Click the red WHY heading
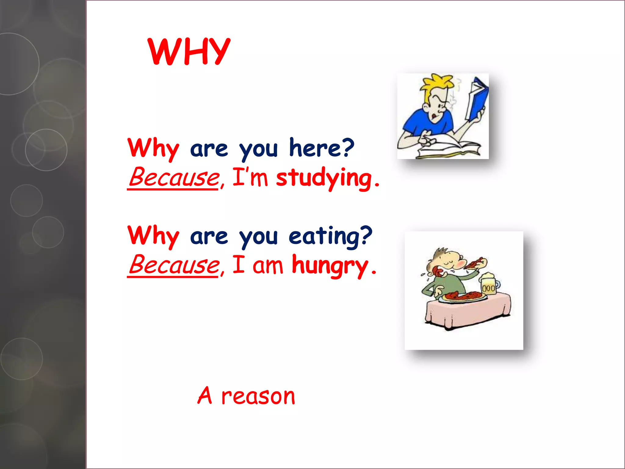coord(189,52)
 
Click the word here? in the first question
coord(321,148)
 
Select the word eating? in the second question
coord(330,236)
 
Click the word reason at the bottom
coord(258,397)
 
